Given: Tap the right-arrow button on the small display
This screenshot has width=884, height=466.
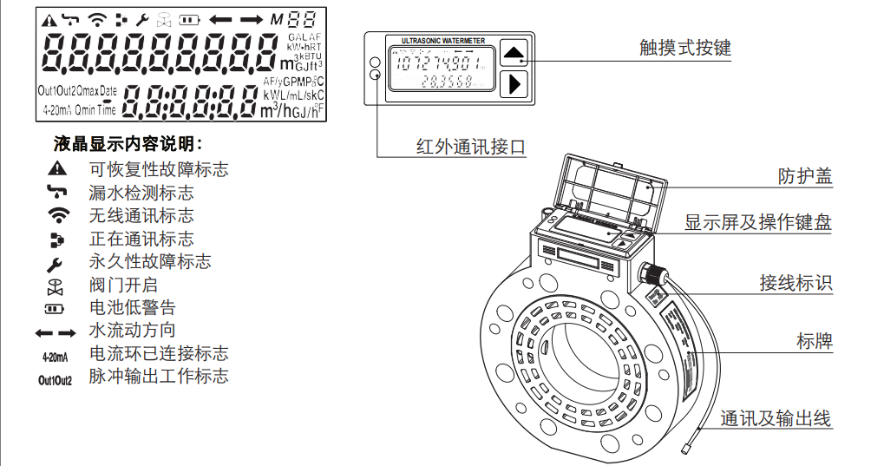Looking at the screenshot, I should click(x=514, y=83).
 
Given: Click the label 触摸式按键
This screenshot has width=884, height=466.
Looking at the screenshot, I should click(x=685, y=48).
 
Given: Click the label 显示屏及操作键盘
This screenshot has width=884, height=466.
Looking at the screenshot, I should click(x=758, y=222).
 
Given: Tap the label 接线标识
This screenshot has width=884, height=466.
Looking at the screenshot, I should click(x=796, y=282).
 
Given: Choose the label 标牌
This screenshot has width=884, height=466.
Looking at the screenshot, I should click(x=814, y=341).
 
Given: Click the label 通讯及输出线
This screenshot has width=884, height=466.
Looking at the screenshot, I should click(x=776, y=419).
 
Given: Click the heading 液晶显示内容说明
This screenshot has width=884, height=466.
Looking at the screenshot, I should click(x=128, y=144).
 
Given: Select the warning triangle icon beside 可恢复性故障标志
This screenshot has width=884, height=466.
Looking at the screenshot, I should click(x=57, y=168).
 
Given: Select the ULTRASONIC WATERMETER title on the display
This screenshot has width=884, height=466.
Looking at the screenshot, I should click(x=443, y=41).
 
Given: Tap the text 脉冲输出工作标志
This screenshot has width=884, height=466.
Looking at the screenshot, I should click(x=159, y=377).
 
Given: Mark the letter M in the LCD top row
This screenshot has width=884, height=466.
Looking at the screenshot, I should click(x=277, y=19).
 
